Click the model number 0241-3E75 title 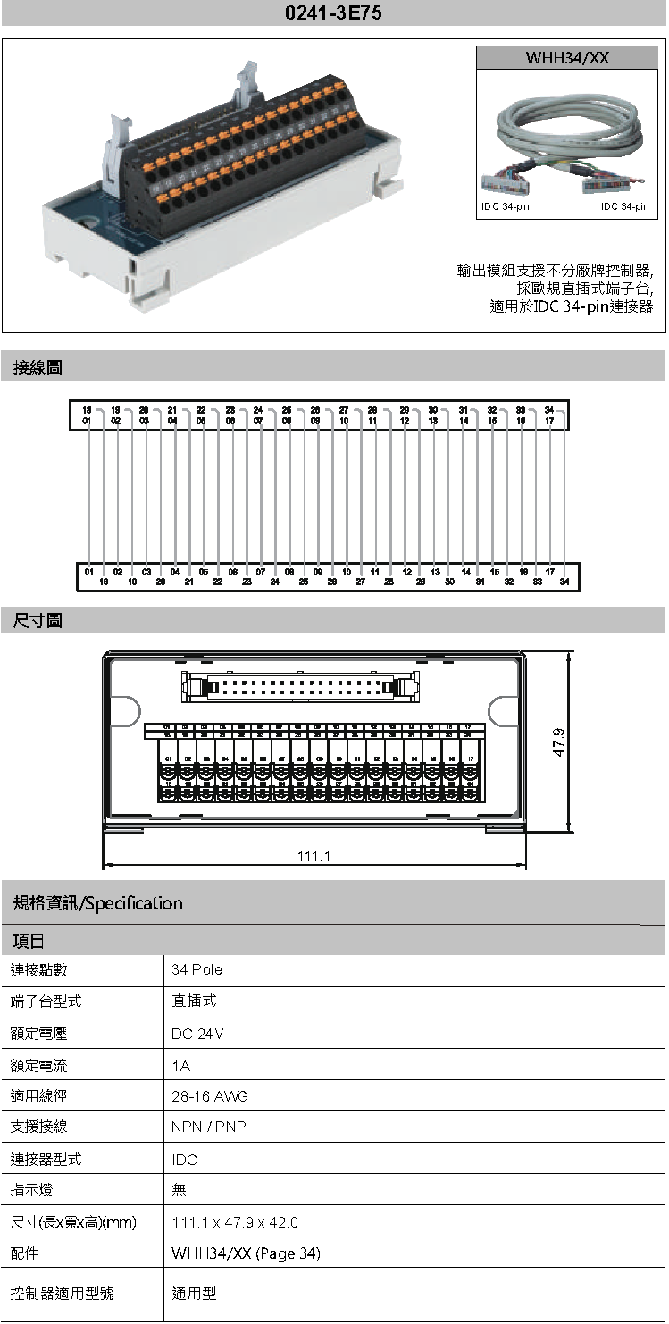pos(334,14)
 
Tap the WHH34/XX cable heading pos(567,58)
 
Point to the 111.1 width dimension pos(314,856)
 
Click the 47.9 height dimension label pos(559,742)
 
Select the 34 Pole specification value pos(197,969)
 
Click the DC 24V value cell pos(197,1034)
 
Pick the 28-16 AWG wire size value pos(210,1095)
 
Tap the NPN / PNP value pos(208,1127)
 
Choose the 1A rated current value pos(180,1066)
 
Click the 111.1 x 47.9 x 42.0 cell pos(235,1222)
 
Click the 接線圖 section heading pos(38,367)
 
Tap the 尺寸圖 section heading pos(38,620)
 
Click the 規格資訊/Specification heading pos(98,903)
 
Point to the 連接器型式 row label pos(46,1159)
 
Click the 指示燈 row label pos(31,1190)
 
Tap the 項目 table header pos(29,941)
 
